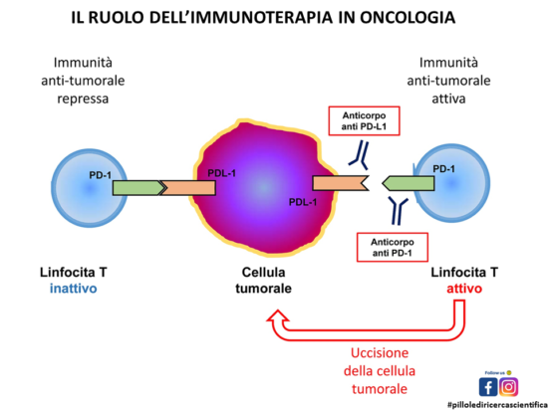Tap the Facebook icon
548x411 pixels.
(489, 386)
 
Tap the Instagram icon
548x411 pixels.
(509, 386)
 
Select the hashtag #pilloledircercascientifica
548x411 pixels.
(494, 403)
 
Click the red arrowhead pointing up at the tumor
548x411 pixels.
(273, 317)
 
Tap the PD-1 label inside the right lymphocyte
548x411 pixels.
(444, 168)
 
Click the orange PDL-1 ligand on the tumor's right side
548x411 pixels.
(340, 183)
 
